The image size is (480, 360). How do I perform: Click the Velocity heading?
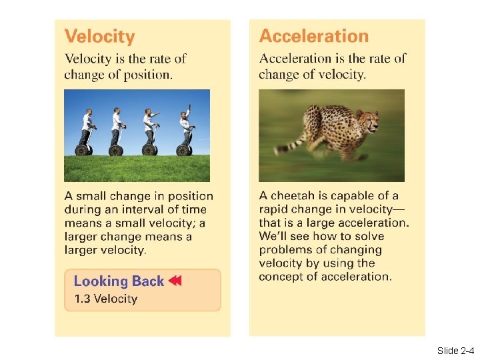point(99,37)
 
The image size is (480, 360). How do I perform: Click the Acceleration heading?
point(313,36)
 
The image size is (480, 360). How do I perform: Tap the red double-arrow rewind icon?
point(175,281)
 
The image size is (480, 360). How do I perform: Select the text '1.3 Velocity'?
point(105,299)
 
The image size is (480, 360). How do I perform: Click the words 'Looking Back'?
point(119,281)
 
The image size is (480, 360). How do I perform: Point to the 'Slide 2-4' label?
point(455,350)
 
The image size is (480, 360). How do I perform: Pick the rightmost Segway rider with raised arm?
point(185,127)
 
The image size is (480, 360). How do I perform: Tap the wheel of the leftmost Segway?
point(82,150)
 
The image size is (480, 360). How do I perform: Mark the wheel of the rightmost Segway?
point(181,150)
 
